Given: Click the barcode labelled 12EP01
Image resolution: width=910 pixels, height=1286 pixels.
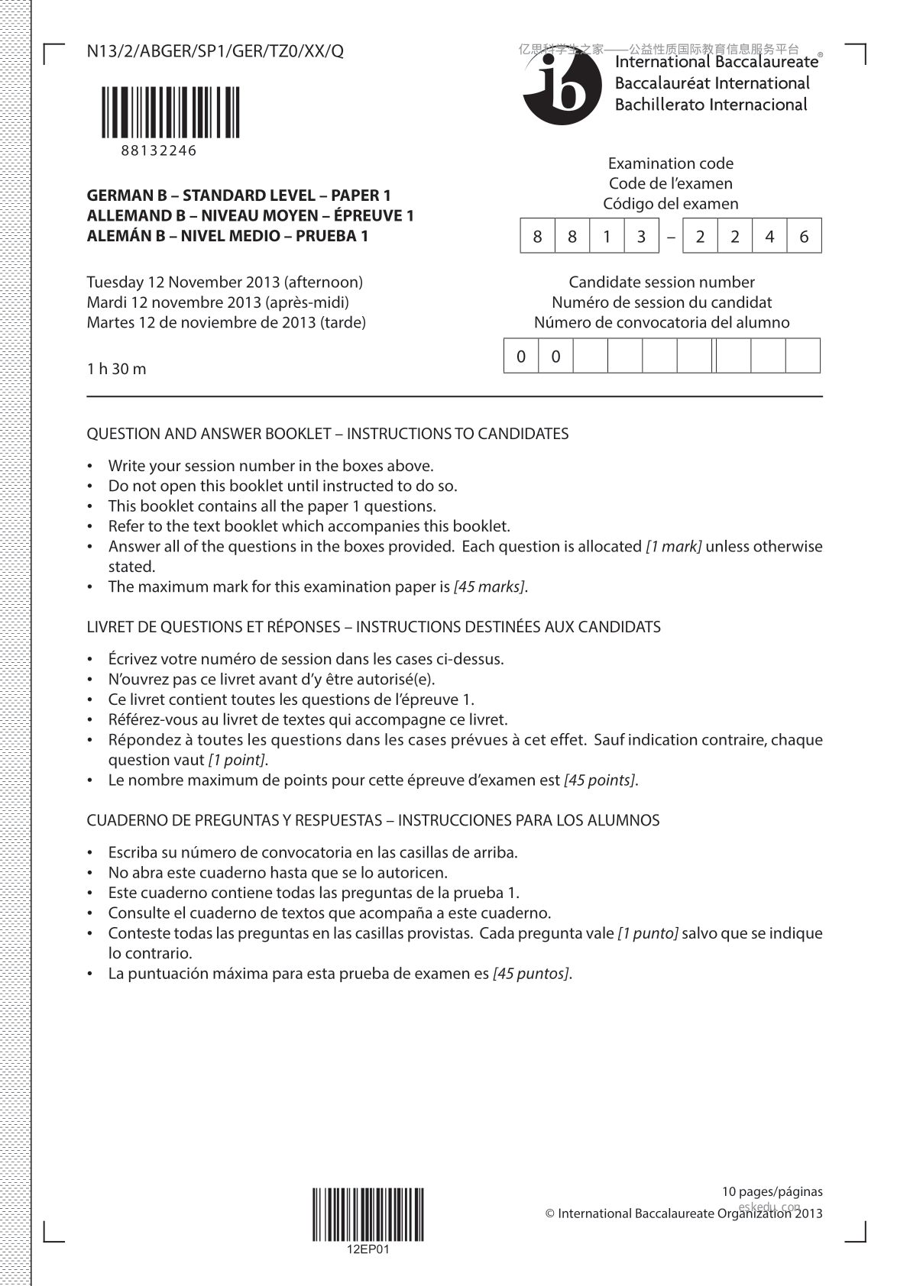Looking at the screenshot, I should click(368, 1214).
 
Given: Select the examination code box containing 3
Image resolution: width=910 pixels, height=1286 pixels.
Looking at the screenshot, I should click(641, 237).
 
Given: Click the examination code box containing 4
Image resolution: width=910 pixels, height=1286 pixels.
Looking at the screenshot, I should click(769, 237).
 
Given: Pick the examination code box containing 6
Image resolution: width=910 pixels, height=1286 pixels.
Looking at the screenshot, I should click(804, 237).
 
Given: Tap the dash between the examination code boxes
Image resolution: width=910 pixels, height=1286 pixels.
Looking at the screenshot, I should click(671, 237).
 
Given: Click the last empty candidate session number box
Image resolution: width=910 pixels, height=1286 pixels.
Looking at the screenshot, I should click(803, 356).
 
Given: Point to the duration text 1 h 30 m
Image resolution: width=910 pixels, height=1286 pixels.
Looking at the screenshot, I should click(116, 369).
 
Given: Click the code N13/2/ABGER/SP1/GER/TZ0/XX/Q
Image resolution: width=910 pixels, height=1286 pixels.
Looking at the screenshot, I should click(215, 51).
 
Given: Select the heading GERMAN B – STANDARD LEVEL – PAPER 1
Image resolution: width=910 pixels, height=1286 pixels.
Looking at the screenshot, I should click(238, 195).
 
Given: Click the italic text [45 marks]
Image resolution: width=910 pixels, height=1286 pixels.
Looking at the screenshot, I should click(489, 587).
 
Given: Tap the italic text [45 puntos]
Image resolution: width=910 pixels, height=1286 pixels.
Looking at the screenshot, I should click(531, 974).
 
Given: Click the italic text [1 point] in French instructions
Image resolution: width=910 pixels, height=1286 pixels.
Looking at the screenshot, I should click(237, 761).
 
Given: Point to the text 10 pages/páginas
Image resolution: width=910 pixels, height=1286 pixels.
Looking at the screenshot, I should click(772, 1191).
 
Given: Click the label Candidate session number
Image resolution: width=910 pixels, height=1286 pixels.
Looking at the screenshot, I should click(662, 283).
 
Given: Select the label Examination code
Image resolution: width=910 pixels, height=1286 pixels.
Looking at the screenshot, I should click(670, 163).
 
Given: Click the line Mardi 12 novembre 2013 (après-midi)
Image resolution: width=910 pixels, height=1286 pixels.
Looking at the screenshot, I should click(218, 302).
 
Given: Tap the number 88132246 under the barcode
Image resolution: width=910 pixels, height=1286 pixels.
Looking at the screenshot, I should click(158, 150).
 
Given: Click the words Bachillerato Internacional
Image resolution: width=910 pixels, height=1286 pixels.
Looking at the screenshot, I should click(711, 105).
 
